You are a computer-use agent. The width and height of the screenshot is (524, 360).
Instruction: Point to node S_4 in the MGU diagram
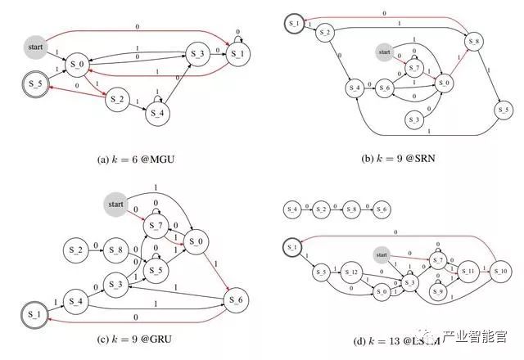(159, 112)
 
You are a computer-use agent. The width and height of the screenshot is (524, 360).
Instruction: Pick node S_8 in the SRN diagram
(473, 42)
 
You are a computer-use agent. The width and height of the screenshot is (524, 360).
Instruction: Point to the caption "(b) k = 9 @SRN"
(399, 155)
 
